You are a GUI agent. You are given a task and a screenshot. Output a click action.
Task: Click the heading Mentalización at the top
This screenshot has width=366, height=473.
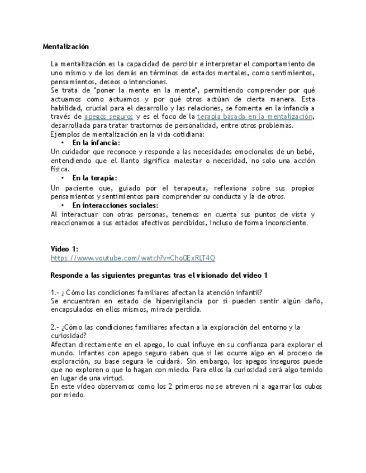click(65, 47)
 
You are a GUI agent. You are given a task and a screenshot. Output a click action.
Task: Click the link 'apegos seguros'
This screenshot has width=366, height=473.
click(108, 117)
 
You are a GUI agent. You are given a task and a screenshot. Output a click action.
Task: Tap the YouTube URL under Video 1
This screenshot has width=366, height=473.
click(132, 258)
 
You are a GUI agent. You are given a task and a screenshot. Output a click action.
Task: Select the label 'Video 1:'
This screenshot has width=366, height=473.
click(64, 249)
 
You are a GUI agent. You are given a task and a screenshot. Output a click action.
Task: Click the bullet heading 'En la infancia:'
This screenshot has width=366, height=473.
click(96, 143)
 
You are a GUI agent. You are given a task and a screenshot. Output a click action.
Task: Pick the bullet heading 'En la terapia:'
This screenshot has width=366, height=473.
click(94, 178)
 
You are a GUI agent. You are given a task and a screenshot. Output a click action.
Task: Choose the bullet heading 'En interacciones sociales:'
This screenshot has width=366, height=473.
click(115, 205)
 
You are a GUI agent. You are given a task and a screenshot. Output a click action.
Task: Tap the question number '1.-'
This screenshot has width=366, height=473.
click(55, 293)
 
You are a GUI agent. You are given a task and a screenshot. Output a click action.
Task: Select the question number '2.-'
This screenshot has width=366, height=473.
click(55, 327)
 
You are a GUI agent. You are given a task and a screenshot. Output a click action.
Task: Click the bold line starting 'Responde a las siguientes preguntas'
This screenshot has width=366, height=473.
click(159, 276)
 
